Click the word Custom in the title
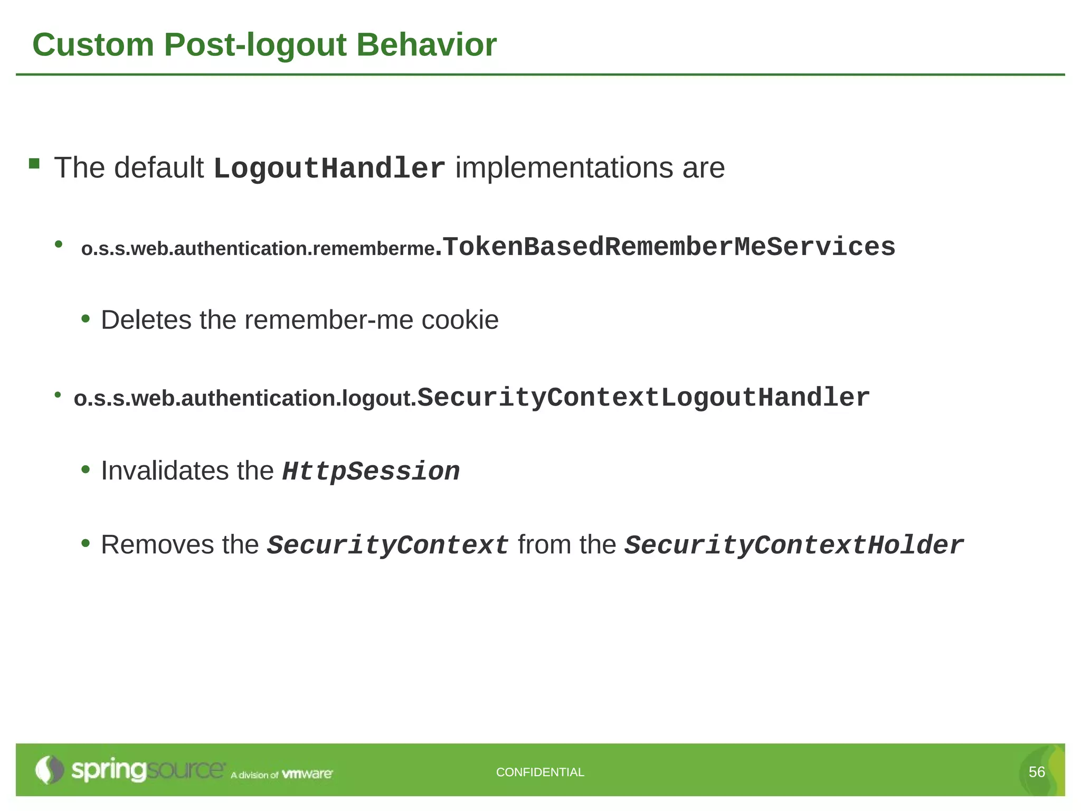[x=93, y=45]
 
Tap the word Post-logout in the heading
[x=255, y=46]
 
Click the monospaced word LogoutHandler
[x=329, y=169]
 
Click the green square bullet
[x=34, y=163]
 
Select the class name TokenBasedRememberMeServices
[x=669, y=247]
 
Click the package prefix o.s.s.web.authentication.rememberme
[x=258, y=249]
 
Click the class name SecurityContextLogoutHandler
[x=643, y=398]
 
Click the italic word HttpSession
[x=371, y=471]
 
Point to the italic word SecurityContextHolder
[x=794, y=545]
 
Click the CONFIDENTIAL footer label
[x=540, y=772]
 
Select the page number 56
[x=1037, y=772]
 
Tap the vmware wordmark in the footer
[x=307, y=774]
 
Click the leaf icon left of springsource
[x=49, y=770]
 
